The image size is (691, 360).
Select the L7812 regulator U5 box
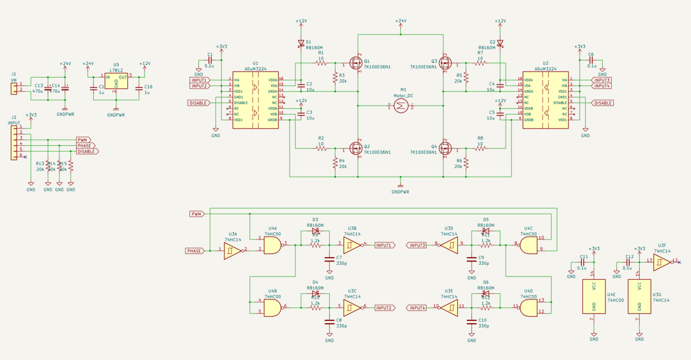[116, 81]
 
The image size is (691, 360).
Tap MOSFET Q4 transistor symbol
[446, 148]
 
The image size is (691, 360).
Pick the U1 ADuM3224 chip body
[255, 100]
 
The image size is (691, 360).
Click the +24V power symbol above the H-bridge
[401, 23]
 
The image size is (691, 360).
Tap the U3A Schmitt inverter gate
[233, 251]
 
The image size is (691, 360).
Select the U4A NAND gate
[272, 246]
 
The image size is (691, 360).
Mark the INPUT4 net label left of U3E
[417, 308]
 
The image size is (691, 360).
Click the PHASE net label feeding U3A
[195, 251]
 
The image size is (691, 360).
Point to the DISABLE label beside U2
[602, 103]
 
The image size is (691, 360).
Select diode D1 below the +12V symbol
[301, 43]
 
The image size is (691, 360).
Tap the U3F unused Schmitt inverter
[662, 262]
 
